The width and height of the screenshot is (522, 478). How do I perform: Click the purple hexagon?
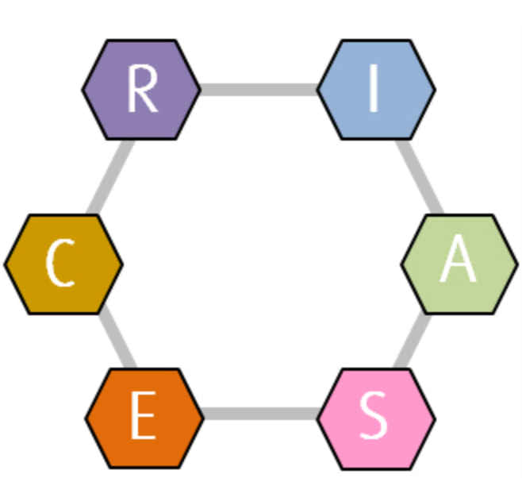(x=141, y=90)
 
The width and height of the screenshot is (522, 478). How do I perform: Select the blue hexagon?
(x=376, y=90)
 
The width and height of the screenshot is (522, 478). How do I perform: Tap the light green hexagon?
(x=459, y=264)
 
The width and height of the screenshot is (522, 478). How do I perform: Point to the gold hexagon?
(x=63, y=264)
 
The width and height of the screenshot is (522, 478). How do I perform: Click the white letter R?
(x=142, y=90)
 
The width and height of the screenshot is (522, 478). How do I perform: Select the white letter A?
(x=459, y=262)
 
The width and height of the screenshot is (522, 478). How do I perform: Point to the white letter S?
(x=374, y=416)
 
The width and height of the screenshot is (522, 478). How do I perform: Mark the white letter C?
(x=60, y=264)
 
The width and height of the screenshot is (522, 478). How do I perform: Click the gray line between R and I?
(x=259, y=90)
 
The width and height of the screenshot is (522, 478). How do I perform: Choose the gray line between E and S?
(x=260, y=414)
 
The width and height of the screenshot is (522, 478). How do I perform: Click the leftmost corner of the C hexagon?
(x=6, y=264)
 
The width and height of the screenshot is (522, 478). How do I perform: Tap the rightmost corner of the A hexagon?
(x=516, y=264)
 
